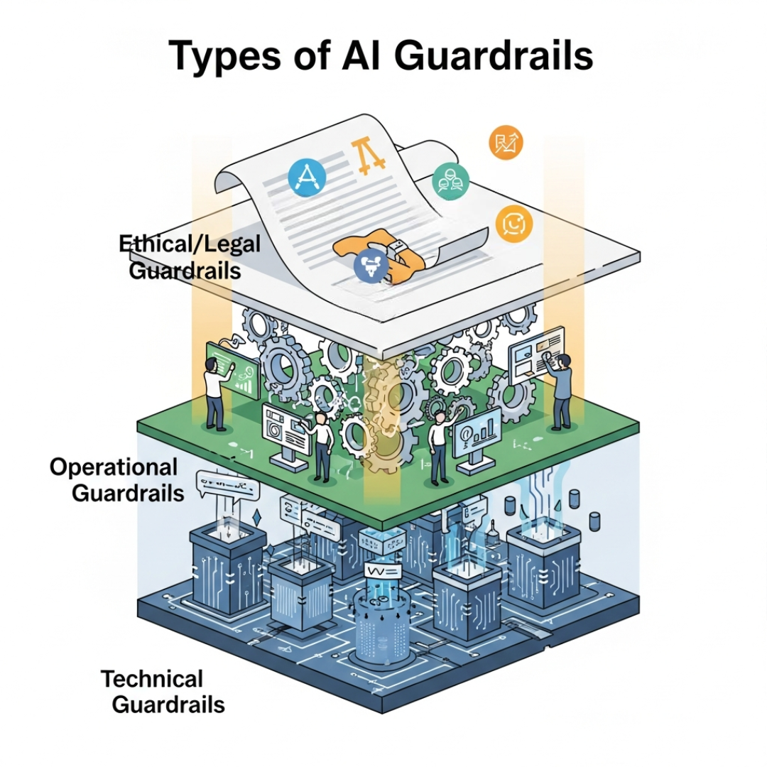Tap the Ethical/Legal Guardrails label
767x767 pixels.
coord(189,256)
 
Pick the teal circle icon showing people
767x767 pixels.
coord(451,182)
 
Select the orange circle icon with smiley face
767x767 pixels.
coord(512,225)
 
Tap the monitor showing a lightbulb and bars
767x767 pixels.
coord(477,436)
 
